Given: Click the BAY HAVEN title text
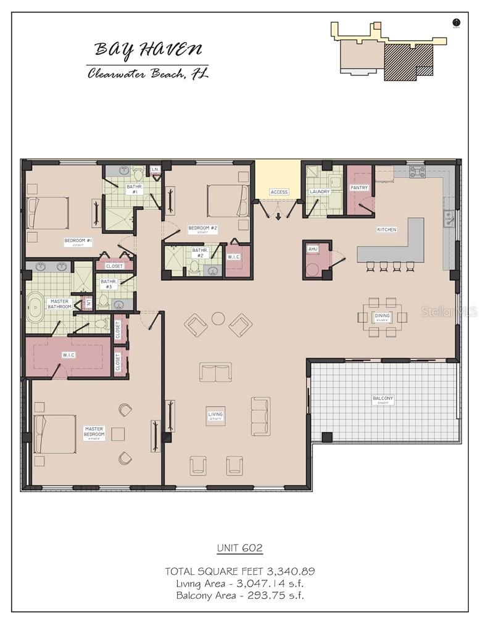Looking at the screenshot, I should coord(147,50).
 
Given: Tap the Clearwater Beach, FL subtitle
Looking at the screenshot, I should coord(147,73).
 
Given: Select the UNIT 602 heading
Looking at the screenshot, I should coord(240,548).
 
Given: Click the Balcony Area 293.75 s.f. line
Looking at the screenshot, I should coord(240,595).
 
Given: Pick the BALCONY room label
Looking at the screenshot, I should coord(383,399).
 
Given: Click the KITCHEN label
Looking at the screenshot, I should coord(387,230).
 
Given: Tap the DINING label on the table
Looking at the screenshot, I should coord(382,316).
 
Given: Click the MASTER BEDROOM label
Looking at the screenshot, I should coord(94,432).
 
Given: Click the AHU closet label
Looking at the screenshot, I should coord(312,249).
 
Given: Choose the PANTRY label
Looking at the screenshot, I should coord(358,188).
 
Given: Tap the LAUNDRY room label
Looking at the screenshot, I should coord(320,192).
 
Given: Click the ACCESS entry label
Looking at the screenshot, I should coord(279,192).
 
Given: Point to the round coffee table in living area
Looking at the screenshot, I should coord(218,319).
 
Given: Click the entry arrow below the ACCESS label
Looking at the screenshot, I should coord(278,215).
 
